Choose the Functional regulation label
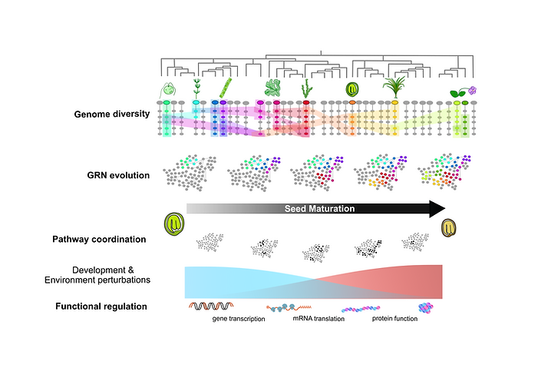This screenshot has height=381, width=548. (102, 307)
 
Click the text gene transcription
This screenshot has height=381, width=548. (239, 319)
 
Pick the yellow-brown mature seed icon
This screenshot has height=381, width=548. (449, 228)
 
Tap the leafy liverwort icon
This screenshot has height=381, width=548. (272, 87)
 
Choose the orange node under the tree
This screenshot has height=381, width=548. (352, 102)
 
